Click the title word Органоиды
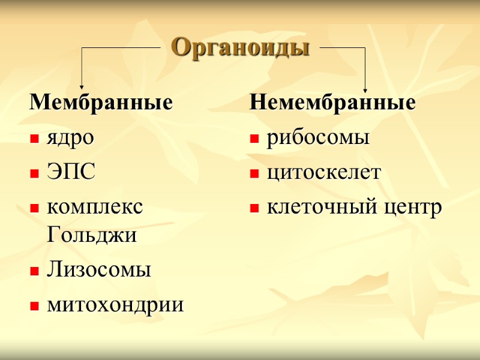point(240,47)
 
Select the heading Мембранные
point(101,102)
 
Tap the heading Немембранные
point(332,102)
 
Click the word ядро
point(70,139)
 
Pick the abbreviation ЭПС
point(71,173)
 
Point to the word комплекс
point(95,208)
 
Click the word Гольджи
point(91,235)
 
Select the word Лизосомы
point(98,270)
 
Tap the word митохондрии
point(115,305)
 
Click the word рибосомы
point(317,139)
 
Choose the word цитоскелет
point(323,173)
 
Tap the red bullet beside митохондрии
point(34,307)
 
